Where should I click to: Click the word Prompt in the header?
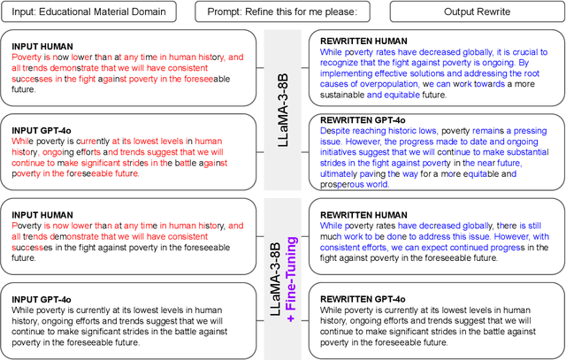point(226,11)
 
